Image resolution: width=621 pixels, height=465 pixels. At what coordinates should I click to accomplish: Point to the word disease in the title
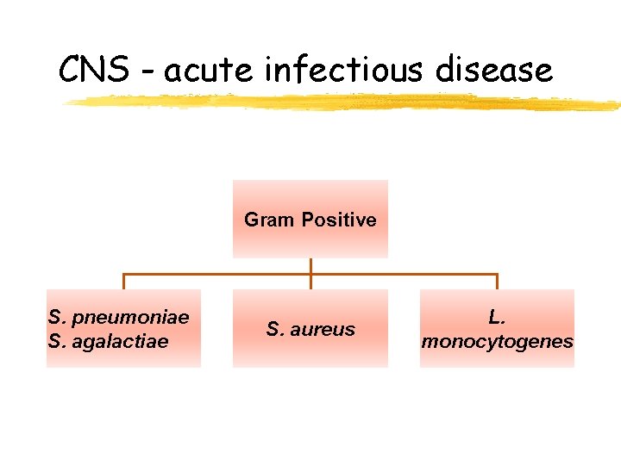coord(494,69)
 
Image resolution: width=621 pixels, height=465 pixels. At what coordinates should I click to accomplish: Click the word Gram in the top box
coord(269,220)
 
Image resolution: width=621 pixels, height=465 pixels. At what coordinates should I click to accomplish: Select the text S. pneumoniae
coord(119,317)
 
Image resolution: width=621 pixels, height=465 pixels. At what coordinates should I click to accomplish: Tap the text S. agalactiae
coord(109,341)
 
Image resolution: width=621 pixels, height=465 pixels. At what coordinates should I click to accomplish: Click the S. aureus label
coord(310,329)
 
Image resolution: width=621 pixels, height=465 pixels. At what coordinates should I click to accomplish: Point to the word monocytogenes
coord(497,341)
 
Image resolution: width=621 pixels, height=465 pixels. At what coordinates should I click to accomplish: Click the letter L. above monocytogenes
coord(497,317)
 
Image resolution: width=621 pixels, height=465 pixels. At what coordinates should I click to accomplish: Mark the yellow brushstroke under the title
coord(345,102)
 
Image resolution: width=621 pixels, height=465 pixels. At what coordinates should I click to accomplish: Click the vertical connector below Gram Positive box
coord(310,267)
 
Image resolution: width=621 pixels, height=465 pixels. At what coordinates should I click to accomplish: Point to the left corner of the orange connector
coord(124,276)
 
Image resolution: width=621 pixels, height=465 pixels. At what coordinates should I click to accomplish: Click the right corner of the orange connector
coord(497,276)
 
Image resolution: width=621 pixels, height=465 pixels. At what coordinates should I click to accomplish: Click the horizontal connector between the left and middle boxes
coord(216,276)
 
